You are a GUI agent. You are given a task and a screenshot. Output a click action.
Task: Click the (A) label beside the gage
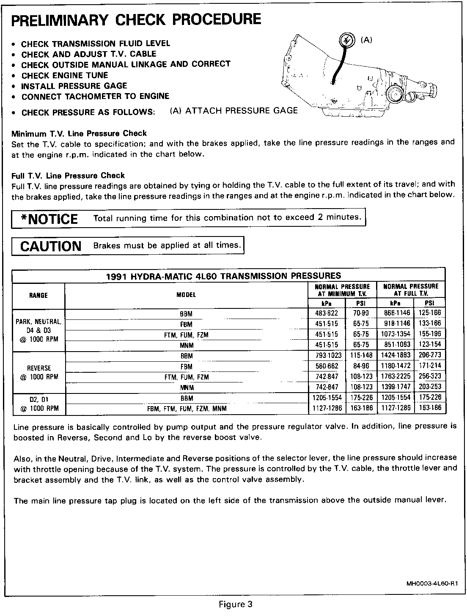coord(366,40)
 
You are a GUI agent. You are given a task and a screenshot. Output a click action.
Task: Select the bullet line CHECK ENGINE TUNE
coord(65,75)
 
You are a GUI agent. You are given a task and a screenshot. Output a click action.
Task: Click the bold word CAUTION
coord(51,246)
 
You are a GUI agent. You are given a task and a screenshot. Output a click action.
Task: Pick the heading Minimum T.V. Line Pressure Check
coord(79,134)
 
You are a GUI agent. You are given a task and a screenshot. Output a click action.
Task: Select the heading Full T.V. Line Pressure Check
coord(68,175)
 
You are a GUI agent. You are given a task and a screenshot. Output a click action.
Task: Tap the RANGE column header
coord(38,295)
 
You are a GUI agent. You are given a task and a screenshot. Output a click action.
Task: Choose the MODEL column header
coord(186,295)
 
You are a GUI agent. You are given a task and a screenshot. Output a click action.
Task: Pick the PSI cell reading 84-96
coord(361,366)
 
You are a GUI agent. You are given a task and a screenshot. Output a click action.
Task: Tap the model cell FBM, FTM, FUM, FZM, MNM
coord(187,409)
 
